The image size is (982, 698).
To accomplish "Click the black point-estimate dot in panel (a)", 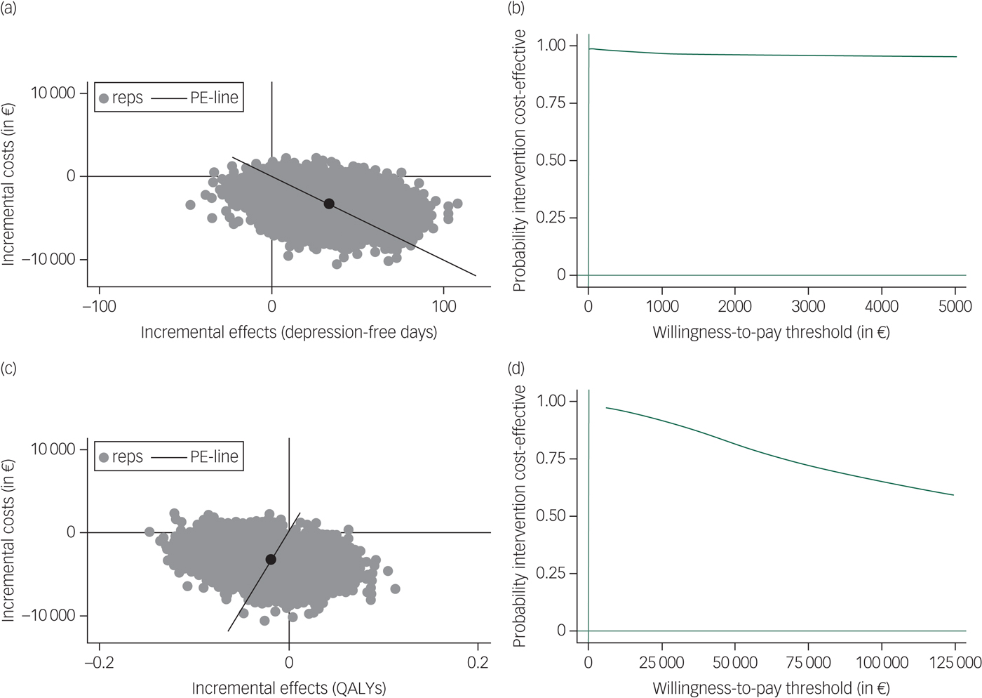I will [328, 204].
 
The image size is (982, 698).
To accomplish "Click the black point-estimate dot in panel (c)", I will [271, 560].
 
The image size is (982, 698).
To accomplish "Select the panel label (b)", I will [515, 9].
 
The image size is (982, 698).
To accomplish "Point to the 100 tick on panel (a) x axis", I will [443, 306].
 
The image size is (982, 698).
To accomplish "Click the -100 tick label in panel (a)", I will [99, 306].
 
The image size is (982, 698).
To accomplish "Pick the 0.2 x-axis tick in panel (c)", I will [478, 662].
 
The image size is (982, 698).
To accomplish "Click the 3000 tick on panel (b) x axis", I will [808, 306].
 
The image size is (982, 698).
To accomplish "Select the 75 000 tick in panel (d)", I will [808, 662].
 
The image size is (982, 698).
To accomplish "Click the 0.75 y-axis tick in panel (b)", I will [551, 103].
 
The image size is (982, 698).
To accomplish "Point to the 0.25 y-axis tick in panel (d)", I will [551, 574].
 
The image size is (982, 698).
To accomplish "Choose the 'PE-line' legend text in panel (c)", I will [214, 456].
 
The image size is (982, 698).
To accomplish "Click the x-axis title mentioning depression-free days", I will [288, 332].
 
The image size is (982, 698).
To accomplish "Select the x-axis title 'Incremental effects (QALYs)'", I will [288, 688].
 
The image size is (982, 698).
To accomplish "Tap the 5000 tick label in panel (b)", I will [955, 306].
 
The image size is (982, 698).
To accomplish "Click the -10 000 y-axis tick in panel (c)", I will [48, 616].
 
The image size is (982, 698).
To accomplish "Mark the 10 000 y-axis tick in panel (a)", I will [53, 93].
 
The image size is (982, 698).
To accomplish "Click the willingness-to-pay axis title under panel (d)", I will [771, 688].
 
